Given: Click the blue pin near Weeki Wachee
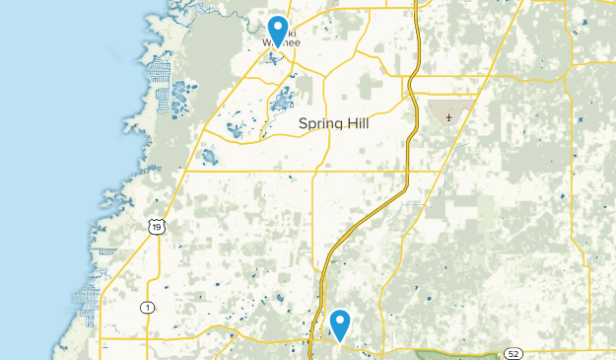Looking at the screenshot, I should pyautogui.click(x=278, y=29).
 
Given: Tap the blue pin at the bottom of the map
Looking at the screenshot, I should pyautogui.click(x=341, y=323).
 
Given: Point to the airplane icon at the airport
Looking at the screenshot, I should pyautogui.click(x=449, y=118).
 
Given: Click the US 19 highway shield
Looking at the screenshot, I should pyautogui.click(x=157, y=228).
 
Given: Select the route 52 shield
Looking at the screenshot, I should pyautogui.click(x=513, y=352).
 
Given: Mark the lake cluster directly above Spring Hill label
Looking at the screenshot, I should pyautogui.click(x=282, y=99).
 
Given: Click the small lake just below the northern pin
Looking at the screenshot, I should pyautogui.click(x=272, y=57).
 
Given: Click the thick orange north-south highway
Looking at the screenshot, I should pyautogui.click(x=407, y=148).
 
